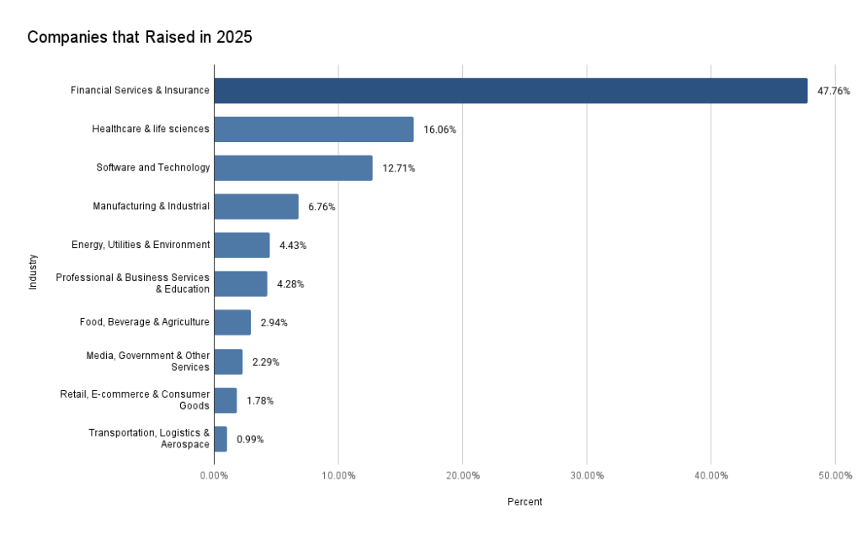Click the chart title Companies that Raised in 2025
pyautogui.click(x=140, y=37)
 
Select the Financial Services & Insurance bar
pyautogui.click(x=510, y=91)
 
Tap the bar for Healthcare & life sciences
pyautogui.click(x=313, y=130)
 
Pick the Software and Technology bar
pyautogui.click(x=293, y=168)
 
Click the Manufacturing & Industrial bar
pyautogui.click(x=256, y=207)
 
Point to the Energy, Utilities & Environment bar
pyautogui.click(x=242, y=246)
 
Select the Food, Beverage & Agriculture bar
pyautogui.click(x=232, y=323)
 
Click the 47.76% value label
pyautogui.click(x=833, y=91)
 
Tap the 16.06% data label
pyautogui.click(x=439, y=130)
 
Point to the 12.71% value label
pyautogui.click(x=398, y=168)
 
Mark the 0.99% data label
pyautogui.click(x=250, y=439)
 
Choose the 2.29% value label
pyautogui.click(x=265, y=362)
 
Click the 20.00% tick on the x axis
pyautogui.click(x=462, y=475)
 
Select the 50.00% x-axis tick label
pyautogui.click(x=834, y=475)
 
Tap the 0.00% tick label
pyautogui.click(x=214, y=475)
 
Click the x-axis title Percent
pyautogui.click(x=524, y=502)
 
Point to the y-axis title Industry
pyautogui.click(x=34, y=272)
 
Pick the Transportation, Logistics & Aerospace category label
pyautogui.click(x=149, y=439)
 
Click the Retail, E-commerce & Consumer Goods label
pyautogui.click(x=135, y=400)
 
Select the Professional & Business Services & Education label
pyautogui.click(x=133, y=284)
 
